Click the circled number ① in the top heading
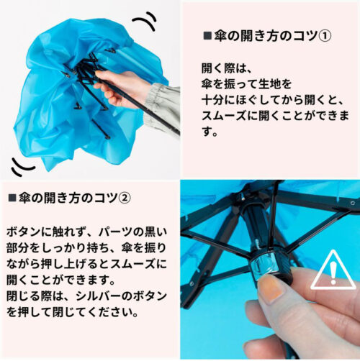point(325,36)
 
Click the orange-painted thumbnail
point(270,287)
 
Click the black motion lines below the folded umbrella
point(22,167)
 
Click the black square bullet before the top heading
point(207,36)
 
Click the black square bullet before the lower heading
point(12,198)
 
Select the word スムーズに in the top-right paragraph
point(230,116)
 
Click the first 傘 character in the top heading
point(220,36)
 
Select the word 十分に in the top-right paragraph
point(218,100)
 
